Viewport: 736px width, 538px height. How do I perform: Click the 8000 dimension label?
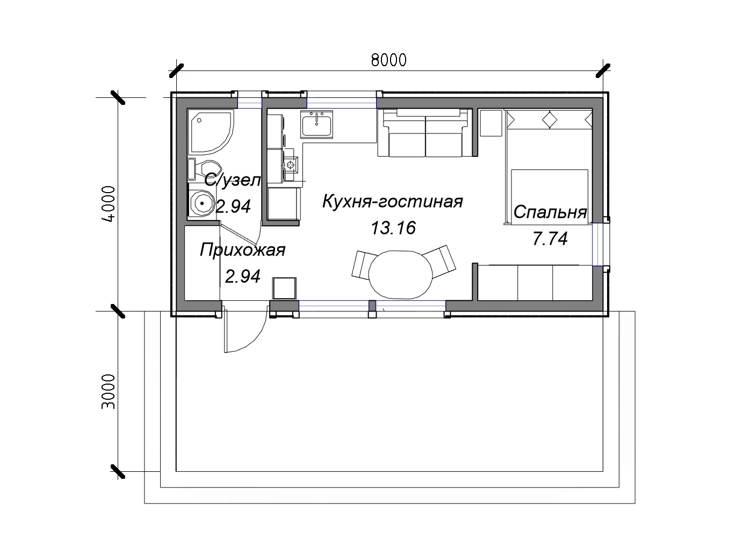click(389, 60)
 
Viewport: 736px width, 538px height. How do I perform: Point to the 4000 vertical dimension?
click(109, 204)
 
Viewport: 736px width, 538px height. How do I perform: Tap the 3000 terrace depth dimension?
click(109, 392)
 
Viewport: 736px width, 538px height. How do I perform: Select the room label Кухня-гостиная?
click(392, 201)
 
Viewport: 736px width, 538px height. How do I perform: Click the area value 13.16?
click(393, 228)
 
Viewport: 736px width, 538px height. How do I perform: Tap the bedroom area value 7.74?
click(550, 238)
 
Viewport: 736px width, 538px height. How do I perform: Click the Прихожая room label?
click(242, 250)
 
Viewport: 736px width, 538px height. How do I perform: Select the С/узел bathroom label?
click(232, 181)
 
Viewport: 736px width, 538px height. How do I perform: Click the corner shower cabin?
click(210, 132)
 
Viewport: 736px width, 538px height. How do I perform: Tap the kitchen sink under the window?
click(317, 124)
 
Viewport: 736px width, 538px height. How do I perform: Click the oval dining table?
click(400, 274)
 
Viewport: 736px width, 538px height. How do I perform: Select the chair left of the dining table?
click(363, 265)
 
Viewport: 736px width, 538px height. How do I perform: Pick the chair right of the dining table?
click(439, 261)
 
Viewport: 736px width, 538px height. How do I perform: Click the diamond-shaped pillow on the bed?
click(550, 120)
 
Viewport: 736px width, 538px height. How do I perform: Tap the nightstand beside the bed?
click(491, 123)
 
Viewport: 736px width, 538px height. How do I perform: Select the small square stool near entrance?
click(284, 288)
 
